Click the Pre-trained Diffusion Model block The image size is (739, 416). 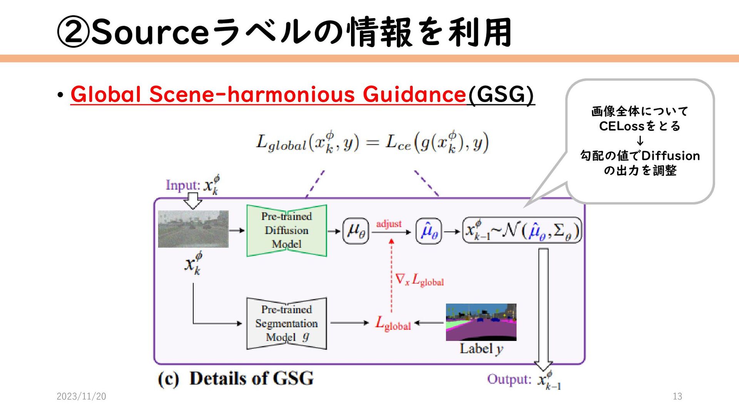286,230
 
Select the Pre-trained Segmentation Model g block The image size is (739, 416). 286,324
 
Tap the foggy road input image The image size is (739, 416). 193,229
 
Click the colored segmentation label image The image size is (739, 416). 481,322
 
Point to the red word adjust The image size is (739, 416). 389,224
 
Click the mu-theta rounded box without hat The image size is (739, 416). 356,231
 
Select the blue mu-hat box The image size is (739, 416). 429,231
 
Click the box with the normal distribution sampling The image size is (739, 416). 522,230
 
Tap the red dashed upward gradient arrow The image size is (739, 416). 391,275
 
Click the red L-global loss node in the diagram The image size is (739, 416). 393,324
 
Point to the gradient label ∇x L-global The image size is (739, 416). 420,280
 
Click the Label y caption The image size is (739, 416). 481,349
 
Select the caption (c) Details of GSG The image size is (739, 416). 236,378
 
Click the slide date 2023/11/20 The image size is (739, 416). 81,396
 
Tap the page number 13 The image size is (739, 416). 677,396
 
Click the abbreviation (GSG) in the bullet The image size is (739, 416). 501,94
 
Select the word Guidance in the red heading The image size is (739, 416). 414,94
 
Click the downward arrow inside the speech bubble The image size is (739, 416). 640,141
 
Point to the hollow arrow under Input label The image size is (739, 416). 193,200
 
